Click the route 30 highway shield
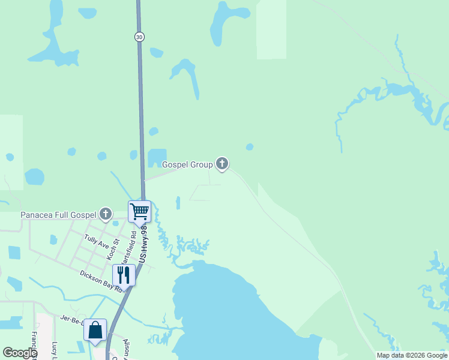[x=139, y=37]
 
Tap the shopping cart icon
[x=139, y=211]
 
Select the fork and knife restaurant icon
[x=124, y=274]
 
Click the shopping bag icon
[x=95, y=329]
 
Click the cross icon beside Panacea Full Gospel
[x=106, y=213]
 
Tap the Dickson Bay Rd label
[x=101, y=281]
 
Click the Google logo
[x=20, y=353]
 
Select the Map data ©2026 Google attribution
[x=412, y=356]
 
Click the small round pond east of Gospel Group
[x=249, y=146]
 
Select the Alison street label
[x=126, y=348]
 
